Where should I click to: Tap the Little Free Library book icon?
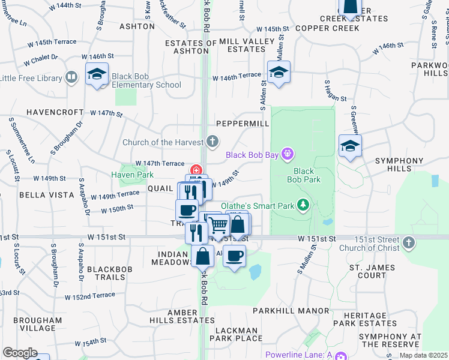[x=71, y=78]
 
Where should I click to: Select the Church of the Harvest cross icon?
[x=212, y=142]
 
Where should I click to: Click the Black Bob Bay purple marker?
[x=288, y=155]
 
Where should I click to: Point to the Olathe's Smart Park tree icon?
[x=303, y=206]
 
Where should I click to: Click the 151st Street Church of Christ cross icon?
[x=408, y=242]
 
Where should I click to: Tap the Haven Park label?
[x=132, y=175]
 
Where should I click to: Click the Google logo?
[x=20, y=353]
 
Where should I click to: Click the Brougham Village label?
[x=41, y=324]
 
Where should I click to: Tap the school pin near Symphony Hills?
[x=350, y=146]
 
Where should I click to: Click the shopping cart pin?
[x=218, y=226]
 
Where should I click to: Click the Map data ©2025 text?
[x=424, y=355]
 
